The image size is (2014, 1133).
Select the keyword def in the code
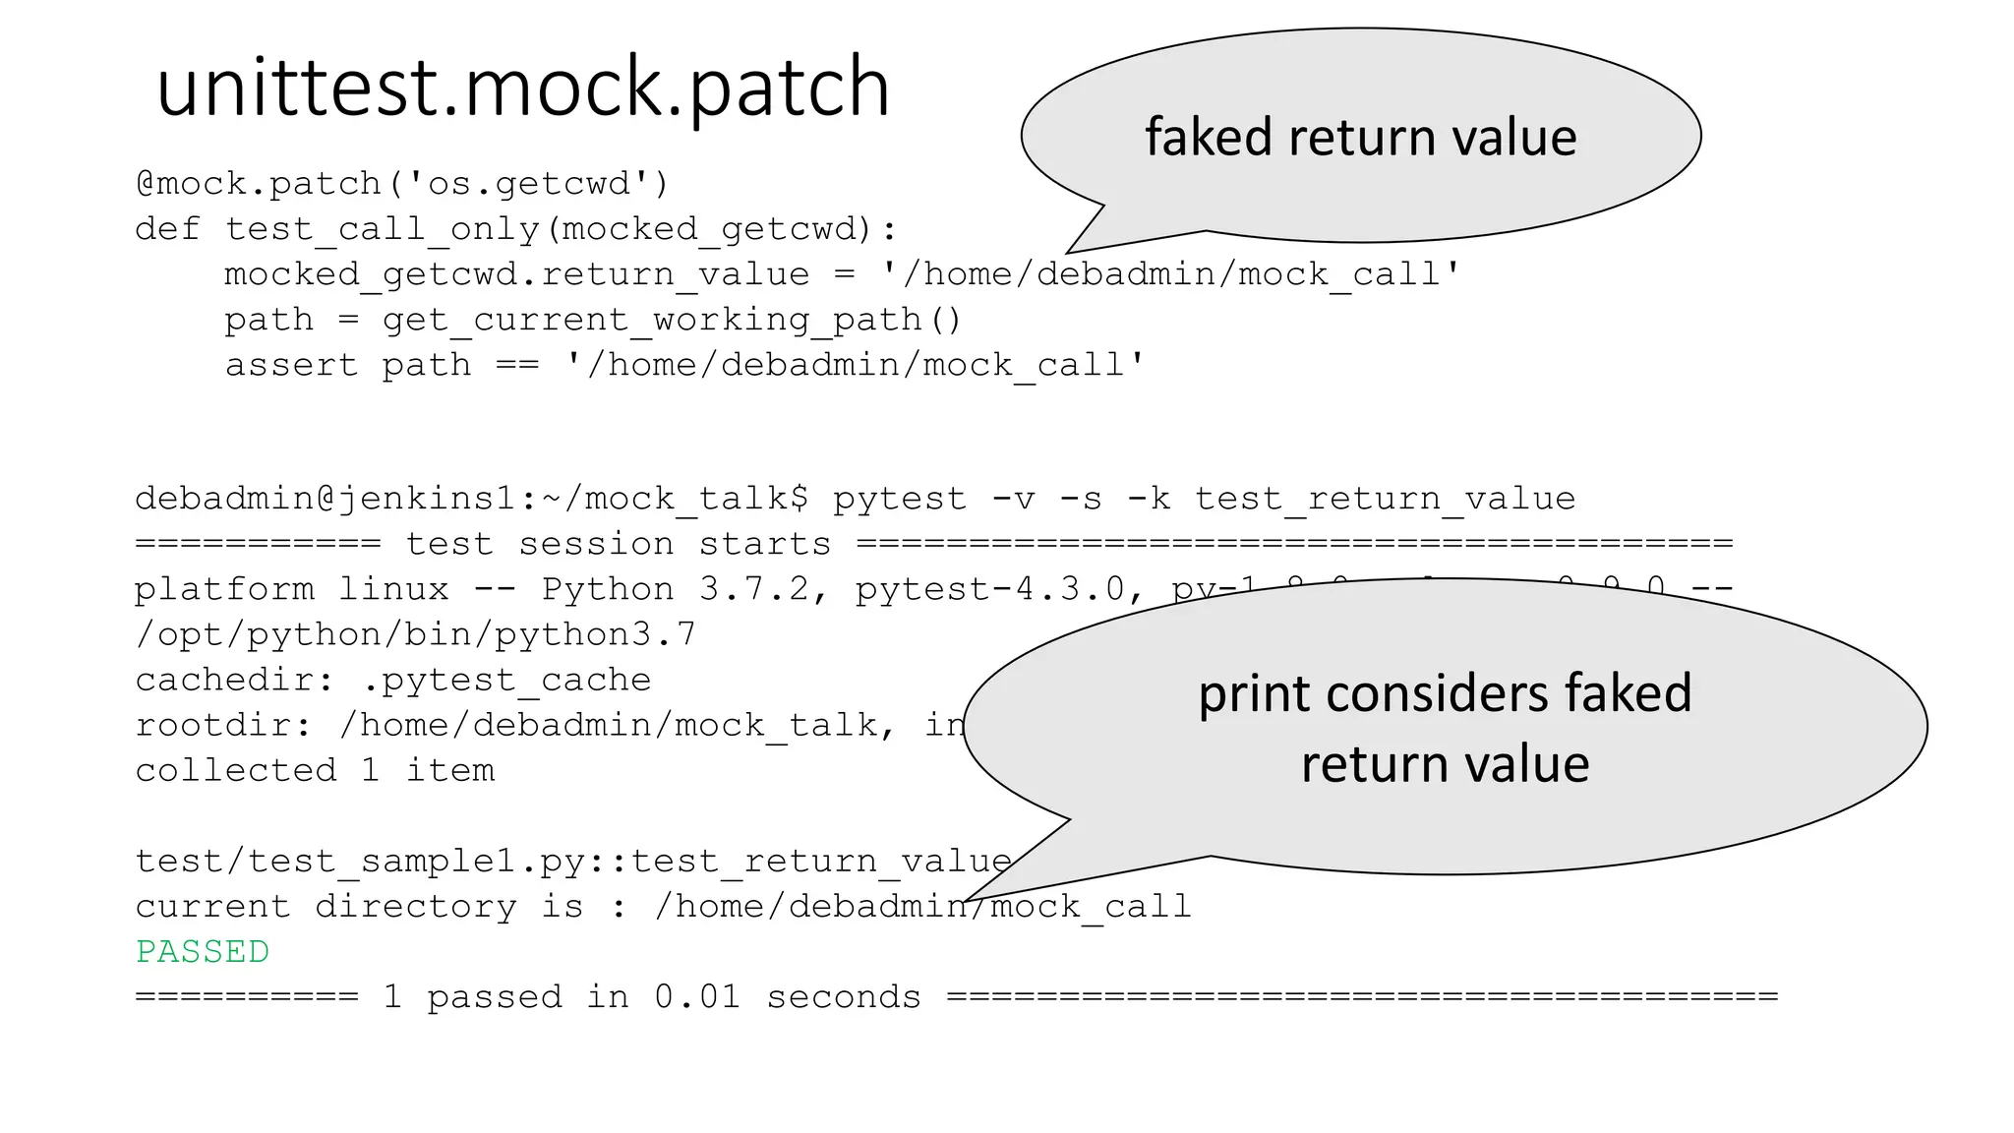click(x=167, y=229)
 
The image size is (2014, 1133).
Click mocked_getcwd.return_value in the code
click(x=516, y=274)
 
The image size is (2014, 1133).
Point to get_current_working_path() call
click(x=671, y=320)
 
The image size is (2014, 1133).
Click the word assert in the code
click(x=291, y=365)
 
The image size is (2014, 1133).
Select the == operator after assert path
click(x=517, y=365)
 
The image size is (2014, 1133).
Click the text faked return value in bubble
click(x=1360, y=137)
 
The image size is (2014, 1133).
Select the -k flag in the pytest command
click(x=1149, y=499)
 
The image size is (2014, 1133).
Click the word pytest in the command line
click(x=900, y=499)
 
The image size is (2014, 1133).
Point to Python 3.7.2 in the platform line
click(x=676, y=589)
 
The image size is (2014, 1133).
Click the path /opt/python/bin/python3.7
click(x=415, y=634)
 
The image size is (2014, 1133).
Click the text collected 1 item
click(x=315, y=770)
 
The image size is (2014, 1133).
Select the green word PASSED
click(x=203, y=952)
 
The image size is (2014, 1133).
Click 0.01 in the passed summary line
click(x=697, y=997)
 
